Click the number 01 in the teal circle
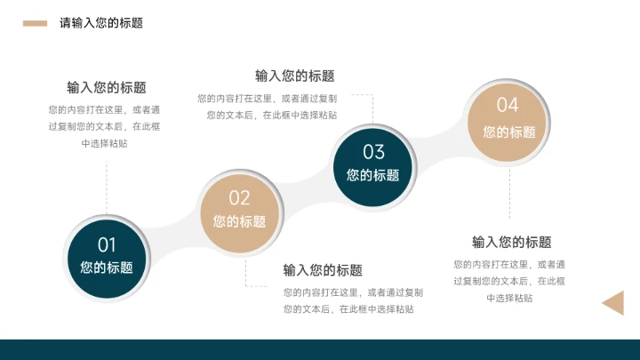(x=107, y=244)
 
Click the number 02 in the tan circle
(x=239, y=198)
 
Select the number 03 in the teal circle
(x=373, y=152)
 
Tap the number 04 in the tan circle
(x=508, y=106)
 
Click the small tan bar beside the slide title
(x=35, y=23)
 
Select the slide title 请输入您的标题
(x=101, y=23)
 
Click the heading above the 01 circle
(x=107, y=87)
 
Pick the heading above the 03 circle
(x=295, y=76)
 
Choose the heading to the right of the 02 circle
(x=323, y=270)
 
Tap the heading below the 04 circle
(x=511, y=242)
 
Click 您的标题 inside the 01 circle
(x=107, y=267)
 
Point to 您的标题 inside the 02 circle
(x=239, y=221)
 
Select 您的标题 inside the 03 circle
(x=373, y=175)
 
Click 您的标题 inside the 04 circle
(x=509, y=132)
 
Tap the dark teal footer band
(x=320, y=349)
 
